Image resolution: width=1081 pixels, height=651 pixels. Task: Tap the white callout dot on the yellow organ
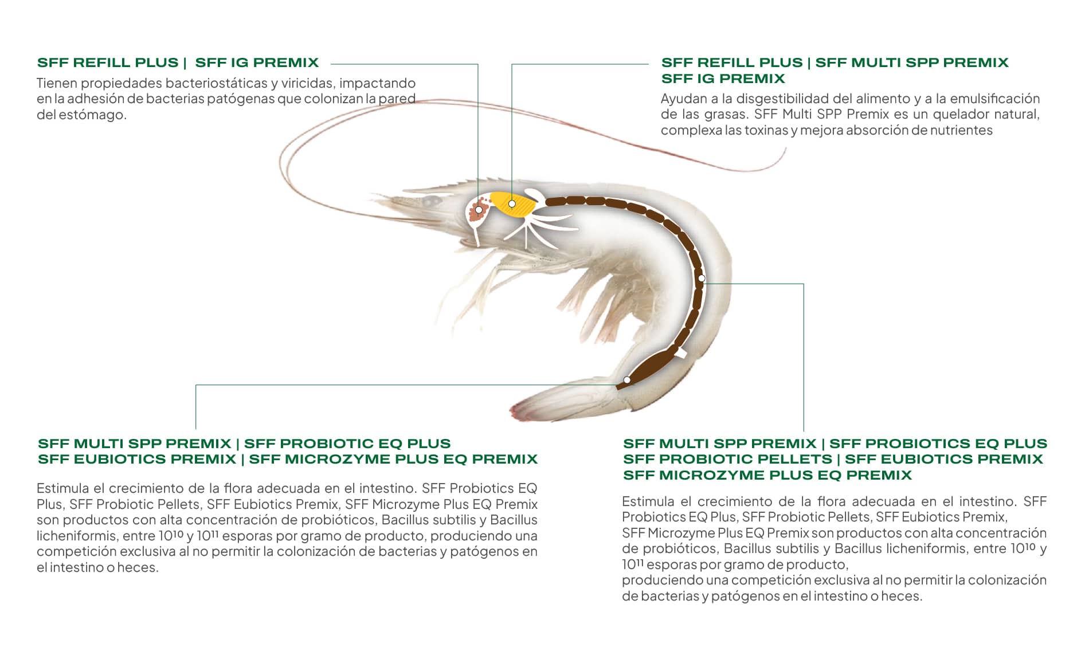[x=512, y=203]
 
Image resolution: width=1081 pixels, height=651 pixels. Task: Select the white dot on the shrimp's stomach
[x=479, y=210]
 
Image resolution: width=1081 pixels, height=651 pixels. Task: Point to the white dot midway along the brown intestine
[x=702, y=279]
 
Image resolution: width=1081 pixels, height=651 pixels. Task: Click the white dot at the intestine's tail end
[x=627, y=380]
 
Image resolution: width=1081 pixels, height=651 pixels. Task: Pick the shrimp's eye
[x=431, y=201]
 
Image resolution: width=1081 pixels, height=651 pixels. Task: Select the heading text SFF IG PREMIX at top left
[x=257, y=62]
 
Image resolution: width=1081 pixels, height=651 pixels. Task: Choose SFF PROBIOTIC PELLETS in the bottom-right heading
[x=727, y=459]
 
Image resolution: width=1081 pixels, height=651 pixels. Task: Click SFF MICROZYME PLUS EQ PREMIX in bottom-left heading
[x=393, y=459]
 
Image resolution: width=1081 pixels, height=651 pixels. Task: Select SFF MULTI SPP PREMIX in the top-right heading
[x=912, y=62]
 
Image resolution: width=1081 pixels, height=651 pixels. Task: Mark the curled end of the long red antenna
[x=783, y=154]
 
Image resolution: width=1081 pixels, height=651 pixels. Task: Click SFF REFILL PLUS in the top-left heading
[x=108, y=62]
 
